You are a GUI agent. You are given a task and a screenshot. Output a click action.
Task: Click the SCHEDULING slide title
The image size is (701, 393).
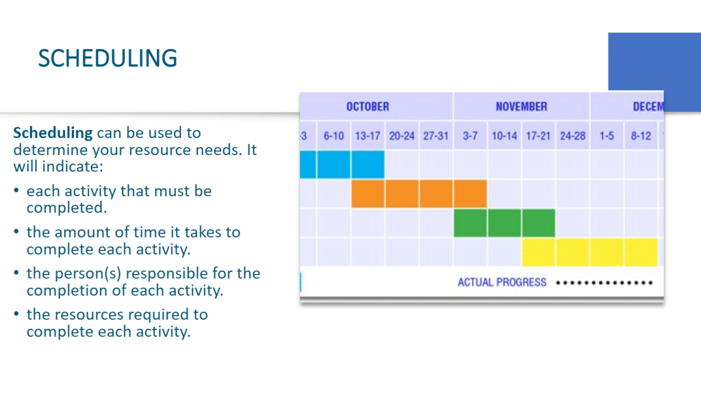107,59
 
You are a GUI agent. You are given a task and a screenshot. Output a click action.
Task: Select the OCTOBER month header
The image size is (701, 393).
368,107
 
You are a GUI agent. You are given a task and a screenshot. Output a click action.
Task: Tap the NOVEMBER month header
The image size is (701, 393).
521,107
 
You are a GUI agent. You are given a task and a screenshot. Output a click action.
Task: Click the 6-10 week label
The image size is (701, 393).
333,136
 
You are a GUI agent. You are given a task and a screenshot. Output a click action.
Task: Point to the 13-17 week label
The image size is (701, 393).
368,136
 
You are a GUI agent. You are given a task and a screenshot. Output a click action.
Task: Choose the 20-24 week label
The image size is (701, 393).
401,136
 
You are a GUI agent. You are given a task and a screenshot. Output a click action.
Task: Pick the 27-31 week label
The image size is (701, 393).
436,136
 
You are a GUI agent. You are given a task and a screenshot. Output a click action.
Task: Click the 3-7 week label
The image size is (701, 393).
470,136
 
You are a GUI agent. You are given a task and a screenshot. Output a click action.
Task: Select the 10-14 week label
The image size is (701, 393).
505,136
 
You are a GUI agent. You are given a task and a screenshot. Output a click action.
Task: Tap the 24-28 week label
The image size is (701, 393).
573,136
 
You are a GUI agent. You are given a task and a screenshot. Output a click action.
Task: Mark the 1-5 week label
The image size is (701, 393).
607,136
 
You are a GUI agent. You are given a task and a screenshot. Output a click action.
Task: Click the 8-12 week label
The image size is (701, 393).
641,136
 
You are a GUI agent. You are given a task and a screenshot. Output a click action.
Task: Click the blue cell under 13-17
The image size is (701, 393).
368,164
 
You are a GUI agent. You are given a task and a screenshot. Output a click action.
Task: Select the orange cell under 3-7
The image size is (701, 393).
470,194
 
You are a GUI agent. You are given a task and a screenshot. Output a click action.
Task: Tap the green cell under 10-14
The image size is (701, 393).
505,223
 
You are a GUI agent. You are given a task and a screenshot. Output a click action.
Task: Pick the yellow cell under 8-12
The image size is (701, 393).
641,252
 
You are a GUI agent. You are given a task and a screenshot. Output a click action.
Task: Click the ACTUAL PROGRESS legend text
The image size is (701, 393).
502,282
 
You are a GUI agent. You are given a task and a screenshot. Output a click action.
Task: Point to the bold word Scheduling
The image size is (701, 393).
53,133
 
